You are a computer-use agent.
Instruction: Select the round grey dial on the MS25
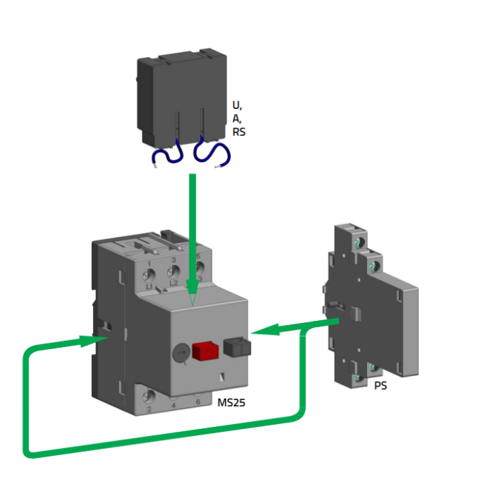pyautogui.click(x=180, y=353)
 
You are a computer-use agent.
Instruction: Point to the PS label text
pyautogui.click(x=380, y=386)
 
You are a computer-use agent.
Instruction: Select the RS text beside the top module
pyautogui.click(x=239, y=131)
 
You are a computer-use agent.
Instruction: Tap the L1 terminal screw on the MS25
pyautogui.click(x=148, y=275)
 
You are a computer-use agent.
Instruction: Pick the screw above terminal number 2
pyautogui.click(x=149, y=396)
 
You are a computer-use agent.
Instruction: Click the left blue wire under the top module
pyautogui.click(x=165, y=154)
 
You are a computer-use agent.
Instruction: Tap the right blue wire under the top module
pyautogui.click(x=208, y=153)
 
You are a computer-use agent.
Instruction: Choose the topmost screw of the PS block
pyautogui.click(x=356, y=242)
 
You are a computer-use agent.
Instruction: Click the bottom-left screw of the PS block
pyautogui.click(x=357, y=378)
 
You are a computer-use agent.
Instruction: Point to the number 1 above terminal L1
pyautogui.click(x=149, y=262)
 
